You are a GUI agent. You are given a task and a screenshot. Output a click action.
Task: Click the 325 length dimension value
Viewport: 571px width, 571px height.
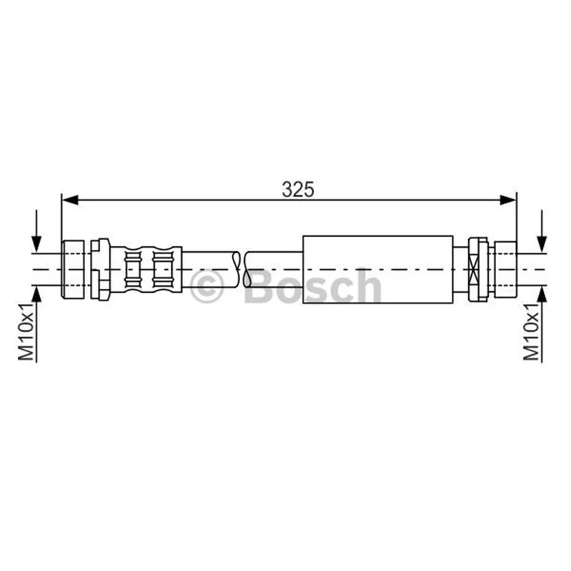click(298, 190)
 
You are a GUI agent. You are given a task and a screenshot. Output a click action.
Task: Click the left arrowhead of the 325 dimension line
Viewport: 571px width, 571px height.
click(70, 200)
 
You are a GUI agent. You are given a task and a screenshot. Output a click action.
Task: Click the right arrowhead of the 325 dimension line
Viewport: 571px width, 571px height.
click(508, 200)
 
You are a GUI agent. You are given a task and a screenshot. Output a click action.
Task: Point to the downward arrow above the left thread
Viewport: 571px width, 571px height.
click(36, 231)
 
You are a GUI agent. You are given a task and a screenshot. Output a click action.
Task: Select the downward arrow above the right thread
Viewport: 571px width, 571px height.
click(542, 231)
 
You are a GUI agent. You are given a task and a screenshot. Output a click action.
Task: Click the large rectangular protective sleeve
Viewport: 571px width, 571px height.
click(378, 270)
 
